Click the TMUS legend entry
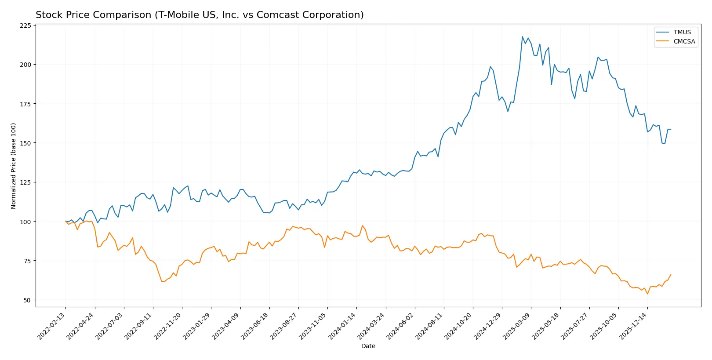(682, 32)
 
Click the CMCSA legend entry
(684, 41)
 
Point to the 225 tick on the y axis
(25, 25)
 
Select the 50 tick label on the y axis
(27, 300)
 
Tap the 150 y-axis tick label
(25, 143)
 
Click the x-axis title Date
(368, 346)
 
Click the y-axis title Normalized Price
(14, 166)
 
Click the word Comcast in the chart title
(274, 15)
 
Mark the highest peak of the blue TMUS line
(522, 36)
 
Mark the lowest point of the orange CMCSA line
(647, 294)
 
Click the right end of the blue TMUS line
(671, 129)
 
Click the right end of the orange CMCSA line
(671, 275)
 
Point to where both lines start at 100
(65, 221)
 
